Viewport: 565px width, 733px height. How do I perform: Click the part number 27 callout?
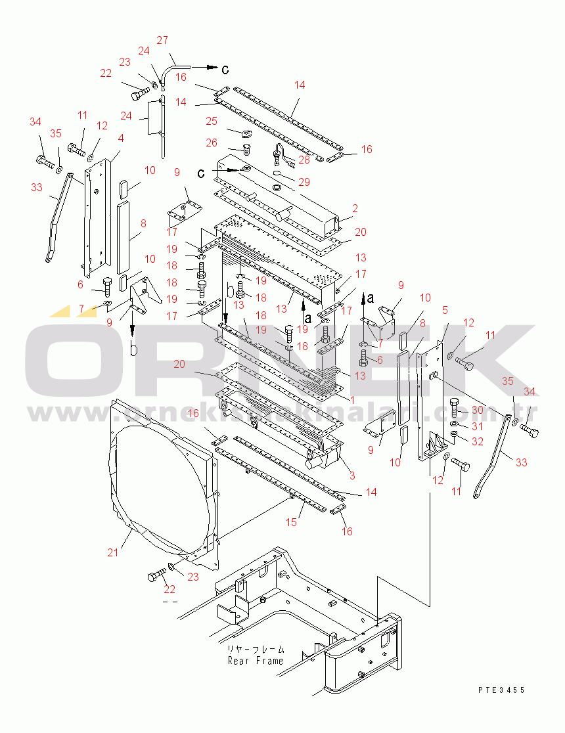pos(162,40)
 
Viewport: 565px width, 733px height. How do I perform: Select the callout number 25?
pos(211,122)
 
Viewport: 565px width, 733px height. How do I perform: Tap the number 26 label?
pos(211,143)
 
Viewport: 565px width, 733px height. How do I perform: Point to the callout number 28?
pos(304,160)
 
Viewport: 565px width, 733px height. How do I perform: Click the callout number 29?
pos(304,181)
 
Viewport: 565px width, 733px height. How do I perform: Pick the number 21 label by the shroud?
pos(113,552)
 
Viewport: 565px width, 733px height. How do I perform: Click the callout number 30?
pos(477,411)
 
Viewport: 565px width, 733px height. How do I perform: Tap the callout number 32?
pos(477,441)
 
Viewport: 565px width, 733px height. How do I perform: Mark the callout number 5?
pos(445,310)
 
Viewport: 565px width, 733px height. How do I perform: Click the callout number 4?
pos(121,139)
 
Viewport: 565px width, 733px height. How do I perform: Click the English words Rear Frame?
pos(256,661)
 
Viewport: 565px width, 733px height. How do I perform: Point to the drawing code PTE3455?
pos(501,690)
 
